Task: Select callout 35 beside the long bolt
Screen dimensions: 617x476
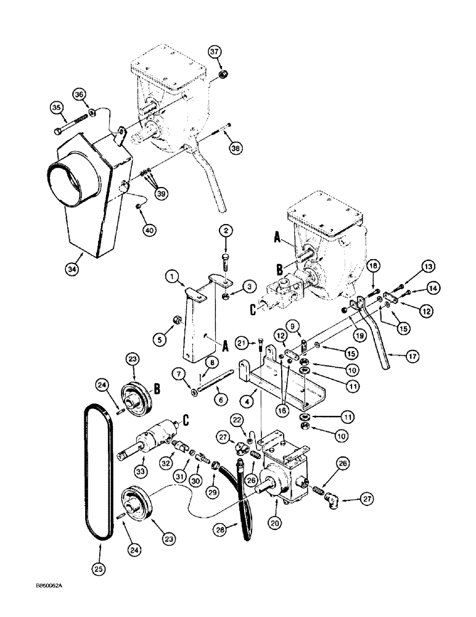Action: (x=57, y=109)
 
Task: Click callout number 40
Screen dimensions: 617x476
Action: (x=148, y=230)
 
